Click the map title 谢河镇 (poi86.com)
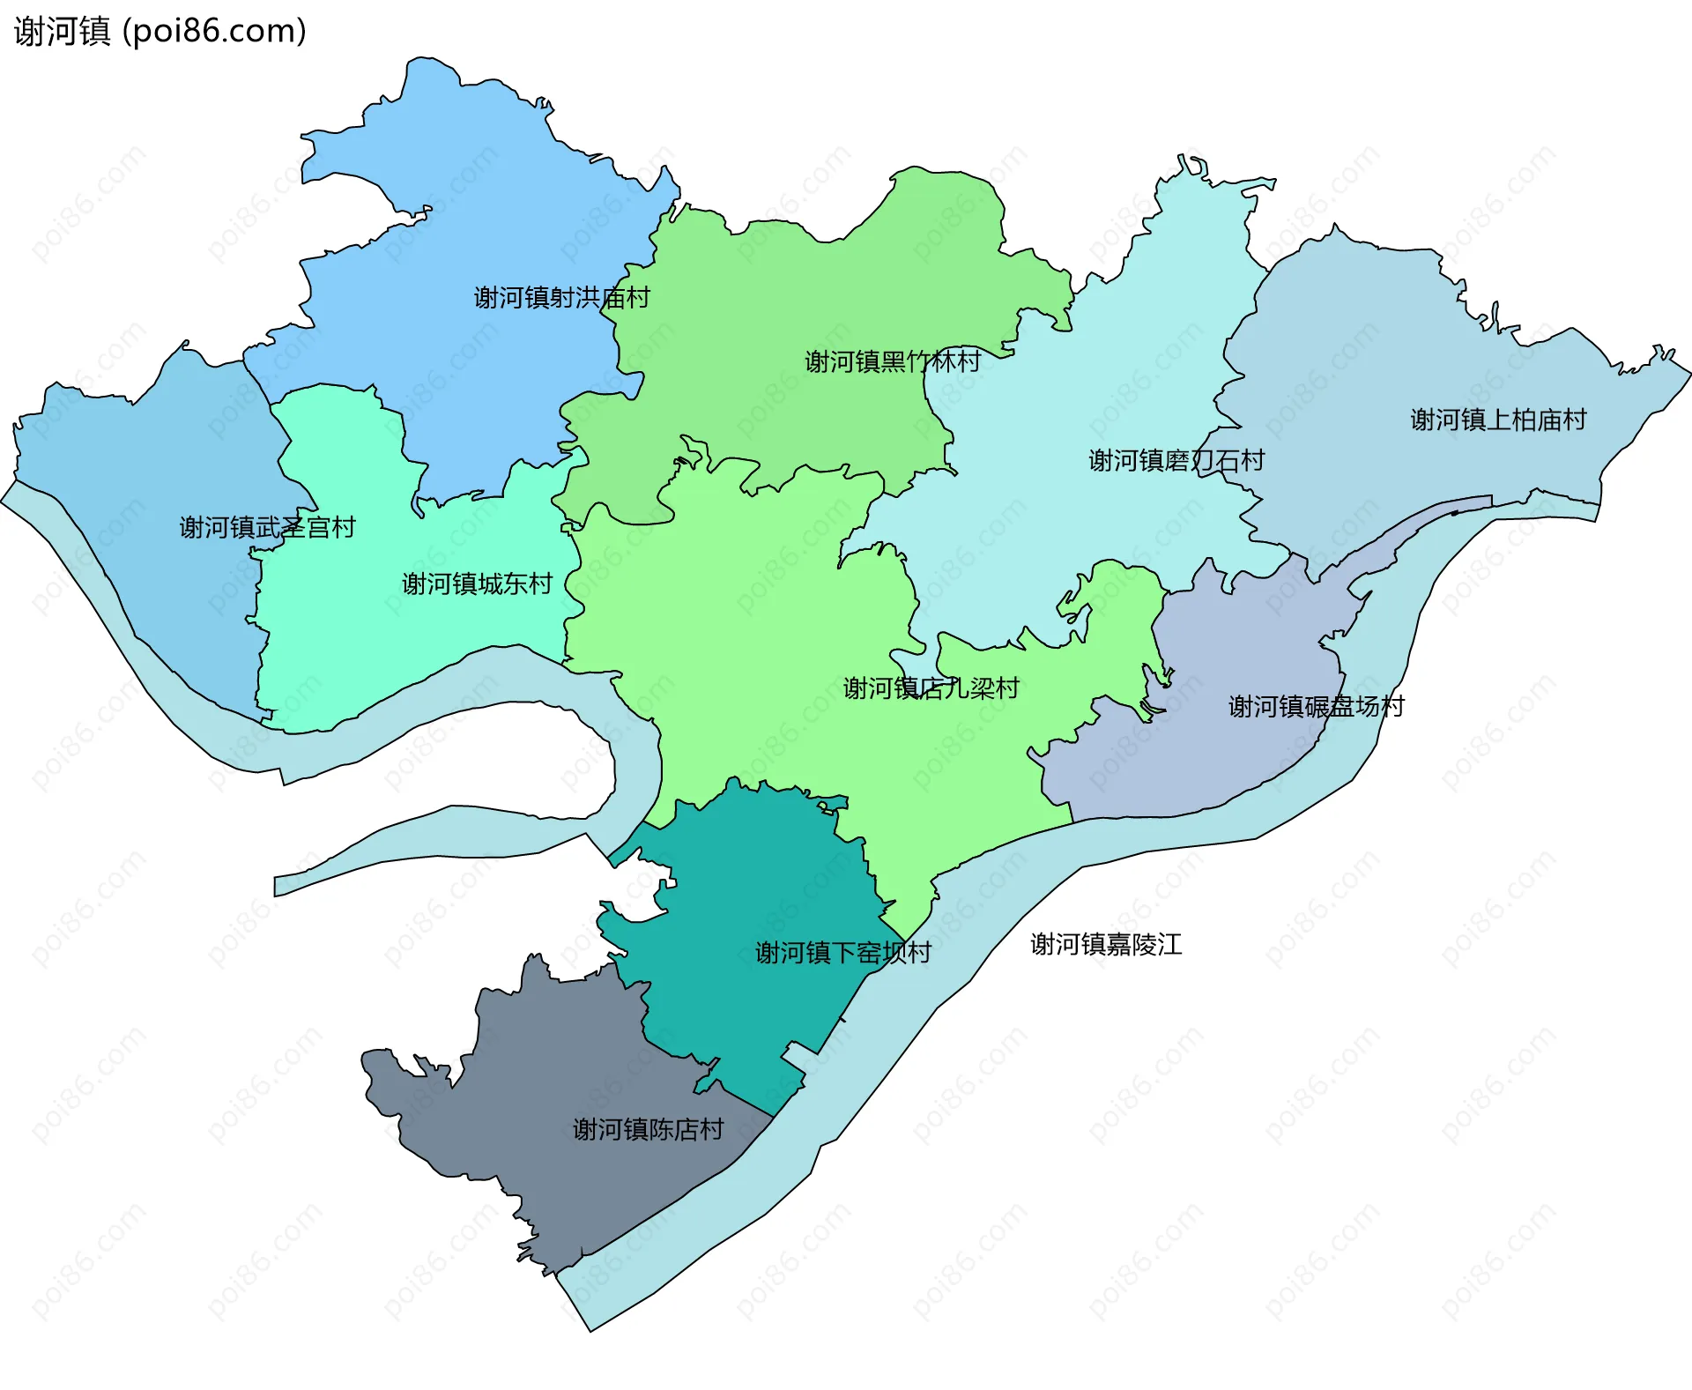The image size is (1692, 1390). (x=160, y=32)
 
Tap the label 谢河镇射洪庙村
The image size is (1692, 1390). (x=561, y=298)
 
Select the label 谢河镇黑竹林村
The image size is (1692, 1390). (x=892, y=361)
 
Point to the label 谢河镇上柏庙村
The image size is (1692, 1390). (x=1497, y=420)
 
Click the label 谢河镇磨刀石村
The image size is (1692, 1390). (x=1176, y=460)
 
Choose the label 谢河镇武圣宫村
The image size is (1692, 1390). (x=267, y=527)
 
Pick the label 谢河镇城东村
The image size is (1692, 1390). (x=477, y=584)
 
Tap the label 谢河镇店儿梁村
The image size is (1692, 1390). (x=931, y=688)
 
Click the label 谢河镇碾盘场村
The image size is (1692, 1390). (x=1316, y=706)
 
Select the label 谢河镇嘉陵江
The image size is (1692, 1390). (x=1106, y=945)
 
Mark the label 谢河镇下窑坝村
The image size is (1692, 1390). (x=842, y=953)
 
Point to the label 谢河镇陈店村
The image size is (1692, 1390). (x=648, y=1129)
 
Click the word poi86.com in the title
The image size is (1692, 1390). (x=214, y=32)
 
